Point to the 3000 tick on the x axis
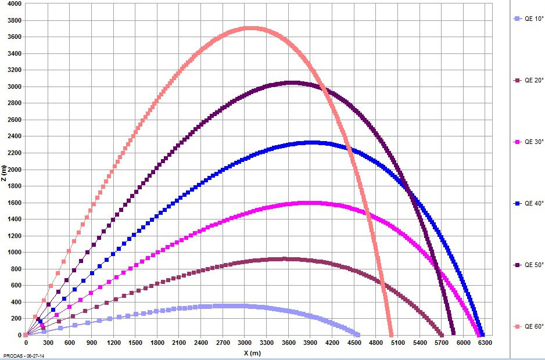[x=245, y=343]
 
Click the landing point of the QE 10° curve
[x=357, y=335]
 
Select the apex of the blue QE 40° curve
[x=311, y=142]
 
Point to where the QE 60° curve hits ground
[x=391, y=335]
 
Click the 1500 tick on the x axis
[x=135, y=343]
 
